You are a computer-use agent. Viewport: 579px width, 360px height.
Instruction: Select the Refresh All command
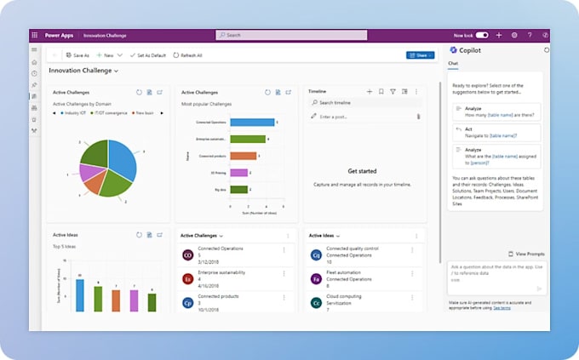click(188, 55)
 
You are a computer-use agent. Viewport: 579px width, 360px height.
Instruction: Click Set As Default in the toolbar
click(152, 55)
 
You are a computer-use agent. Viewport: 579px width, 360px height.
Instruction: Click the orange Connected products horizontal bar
click(243, 156)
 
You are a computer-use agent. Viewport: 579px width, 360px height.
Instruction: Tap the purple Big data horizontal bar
click(238, 189)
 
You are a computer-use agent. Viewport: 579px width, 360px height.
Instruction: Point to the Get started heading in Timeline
click(362, 171)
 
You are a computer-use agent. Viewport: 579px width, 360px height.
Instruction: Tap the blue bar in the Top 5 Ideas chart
click(79, 294)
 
